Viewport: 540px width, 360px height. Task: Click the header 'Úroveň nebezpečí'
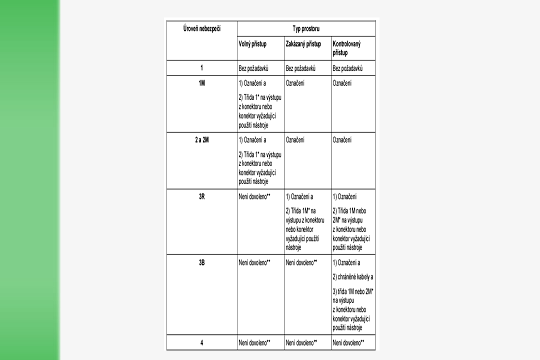coord(201,29)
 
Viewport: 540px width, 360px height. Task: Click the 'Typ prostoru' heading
coord(306,29)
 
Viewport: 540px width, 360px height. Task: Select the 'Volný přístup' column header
coord(252,44)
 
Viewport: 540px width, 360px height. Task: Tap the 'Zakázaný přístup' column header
coord(303,44)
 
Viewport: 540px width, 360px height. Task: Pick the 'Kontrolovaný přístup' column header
coord(347,48)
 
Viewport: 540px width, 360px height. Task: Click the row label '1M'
coord(201,83)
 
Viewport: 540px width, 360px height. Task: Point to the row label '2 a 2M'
coord(201,140)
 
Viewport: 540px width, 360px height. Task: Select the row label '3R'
coord(201,196)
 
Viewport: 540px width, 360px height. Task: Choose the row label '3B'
coord(201,262)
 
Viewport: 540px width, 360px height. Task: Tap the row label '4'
coord(201,342)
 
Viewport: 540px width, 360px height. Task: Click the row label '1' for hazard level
coord(201,68)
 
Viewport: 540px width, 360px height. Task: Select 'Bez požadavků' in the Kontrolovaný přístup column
coord(347,68)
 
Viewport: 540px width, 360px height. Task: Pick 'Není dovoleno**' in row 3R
coord(254,197)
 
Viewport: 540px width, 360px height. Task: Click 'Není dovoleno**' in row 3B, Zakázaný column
coord(301,262)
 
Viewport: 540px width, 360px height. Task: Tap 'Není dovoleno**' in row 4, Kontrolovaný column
coord(348,342)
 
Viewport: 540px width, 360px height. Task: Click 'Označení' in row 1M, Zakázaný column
coord(296,83)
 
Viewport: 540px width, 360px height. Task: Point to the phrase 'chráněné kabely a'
coord(353,276)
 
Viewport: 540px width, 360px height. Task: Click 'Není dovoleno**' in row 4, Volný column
coord(254,342)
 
